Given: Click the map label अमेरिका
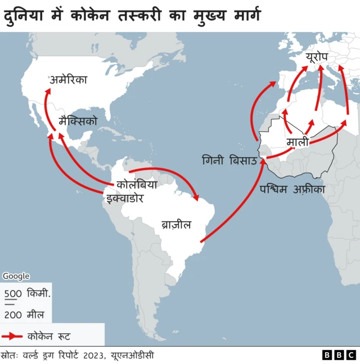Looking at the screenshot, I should tap(68, 80).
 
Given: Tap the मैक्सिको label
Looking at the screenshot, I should tap(78, 121).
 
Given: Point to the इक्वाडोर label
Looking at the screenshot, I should tap(124, 198).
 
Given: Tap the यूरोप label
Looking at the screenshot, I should tap(319, 57).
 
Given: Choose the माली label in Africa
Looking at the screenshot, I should tap(298, 142).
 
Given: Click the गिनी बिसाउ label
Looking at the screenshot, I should tap(229, 161).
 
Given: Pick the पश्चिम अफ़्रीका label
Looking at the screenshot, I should tap(292, 189).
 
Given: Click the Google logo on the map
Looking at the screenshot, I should tap(16, 276).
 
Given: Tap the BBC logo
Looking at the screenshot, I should tap(339, 355).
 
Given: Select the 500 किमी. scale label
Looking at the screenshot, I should tap(28, 293).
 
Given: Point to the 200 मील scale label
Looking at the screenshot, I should tap(24, 315).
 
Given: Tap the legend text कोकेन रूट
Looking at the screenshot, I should tap(48, 336).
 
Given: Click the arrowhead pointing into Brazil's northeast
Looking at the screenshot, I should tap(197, 197).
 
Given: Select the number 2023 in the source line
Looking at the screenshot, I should tap(93, 355).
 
